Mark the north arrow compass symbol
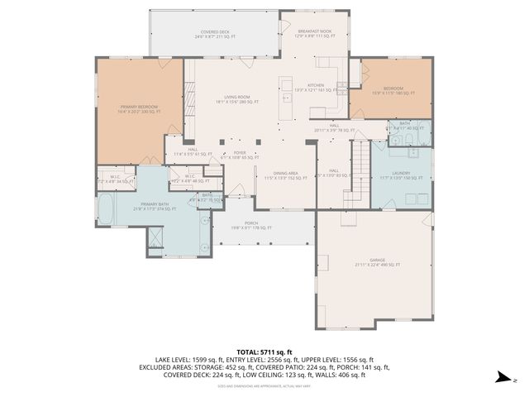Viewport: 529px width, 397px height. click(500, 377)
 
